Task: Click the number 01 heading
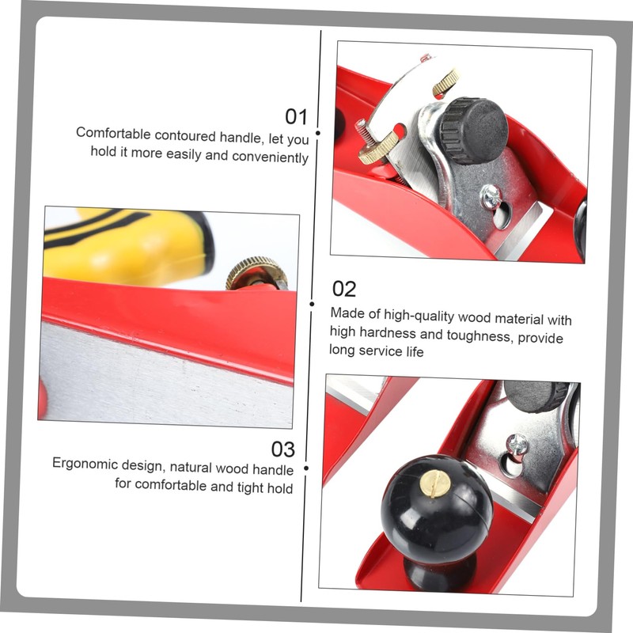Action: [x=296, y=116]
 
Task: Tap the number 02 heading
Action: [x=344, y=289]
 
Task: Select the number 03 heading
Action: [x=283, y=449]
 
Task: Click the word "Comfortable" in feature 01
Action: [x=113, y=133]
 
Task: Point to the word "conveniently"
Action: [x=270, y=157]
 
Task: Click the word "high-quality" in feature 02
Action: [x=419, y=316]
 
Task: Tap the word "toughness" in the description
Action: [x=480, y=335]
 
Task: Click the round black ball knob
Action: [x=437, y=510]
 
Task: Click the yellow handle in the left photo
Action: [x=127, y=246]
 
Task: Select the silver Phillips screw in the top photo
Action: [x=491, y=196]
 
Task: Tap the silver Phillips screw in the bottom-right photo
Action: [x=517, y=445]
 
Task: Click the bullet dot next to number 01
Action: [x=318, y=133]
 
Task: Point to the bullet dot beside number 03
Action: [x=306, y=468]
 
